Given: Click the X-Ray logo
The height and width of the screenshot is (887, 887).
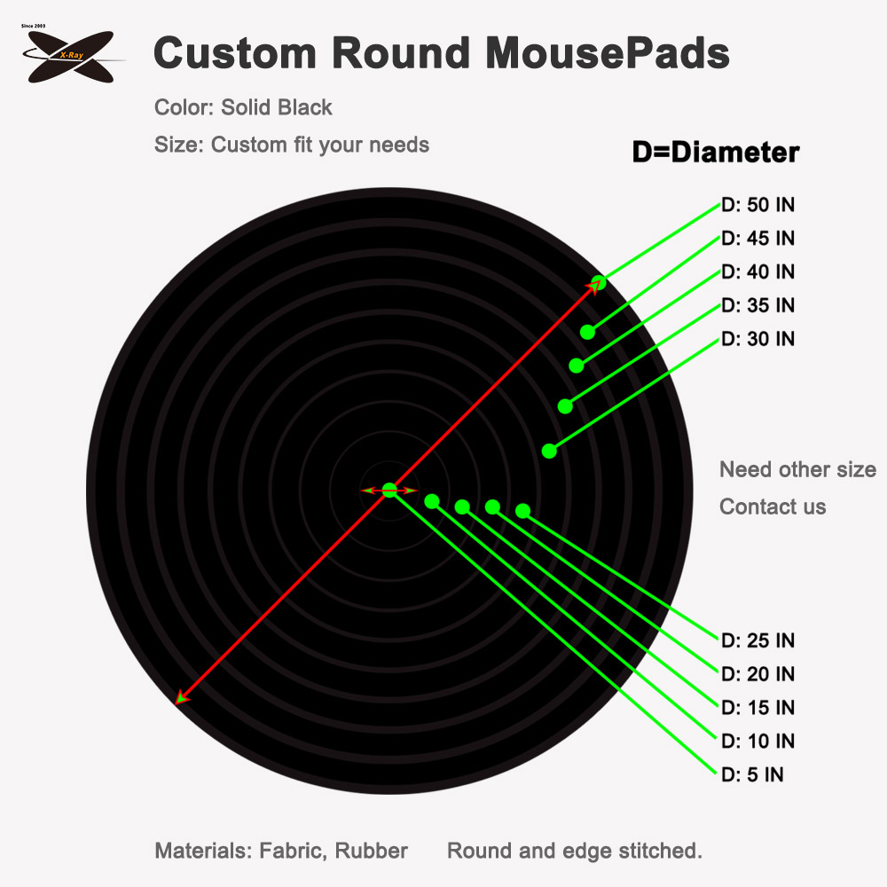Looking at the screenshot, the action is (71, 55).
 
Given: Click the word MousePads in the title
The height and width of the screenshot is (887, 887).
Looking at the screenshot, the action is (608, 53).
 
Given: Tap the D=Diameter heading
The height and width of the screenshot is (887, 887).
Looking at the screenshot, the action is (716, 153).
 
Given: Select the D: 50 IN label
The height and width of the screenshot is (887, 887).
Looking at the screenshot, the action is (758, 205).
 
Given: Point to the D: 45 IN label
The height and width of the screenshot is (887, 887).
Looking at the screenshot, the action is (758, 238).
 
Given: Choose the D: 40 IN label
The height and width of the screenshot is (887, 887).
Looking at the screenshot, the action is (758, 271).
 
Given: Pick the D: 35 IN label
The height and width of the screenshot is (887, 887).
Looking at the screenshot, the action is (758, 305).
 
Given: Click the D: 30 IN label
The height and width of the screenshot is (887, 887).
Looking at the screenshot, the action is (758, 339).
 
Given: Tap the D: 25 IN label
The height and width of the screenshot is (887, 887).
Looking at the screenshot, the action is (758, 640).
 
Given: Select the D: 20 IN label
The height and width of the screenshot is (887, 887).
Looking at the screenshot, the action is (758, 674).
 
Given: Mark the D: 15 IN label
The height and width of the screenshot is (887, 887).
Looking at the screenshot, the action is (758, 707).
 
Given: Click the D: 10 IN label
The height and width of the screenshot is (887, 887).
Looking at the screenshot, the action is (758, 741).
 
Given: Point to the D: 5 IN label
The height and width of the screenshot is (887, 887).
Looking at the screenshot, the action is (752, 774).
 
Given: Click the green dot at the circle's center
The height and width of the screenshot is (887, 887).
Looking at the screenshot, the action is (389, 491).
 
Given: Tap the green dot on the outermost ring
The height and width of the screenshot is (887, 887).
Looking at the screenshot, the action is (599, 282).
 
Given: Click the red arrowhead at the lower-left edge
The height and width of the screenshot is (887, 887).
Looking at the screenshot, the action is (181, 697).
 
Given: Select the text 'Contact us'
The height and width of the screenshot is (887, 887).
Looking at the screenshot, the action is (773, 506).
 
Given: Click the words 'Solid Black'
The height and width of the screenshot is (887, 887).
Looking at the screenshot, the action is (277, 107).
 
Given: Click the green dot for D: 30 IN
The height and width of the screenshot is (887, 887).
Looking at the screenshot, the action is (549, 451).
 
